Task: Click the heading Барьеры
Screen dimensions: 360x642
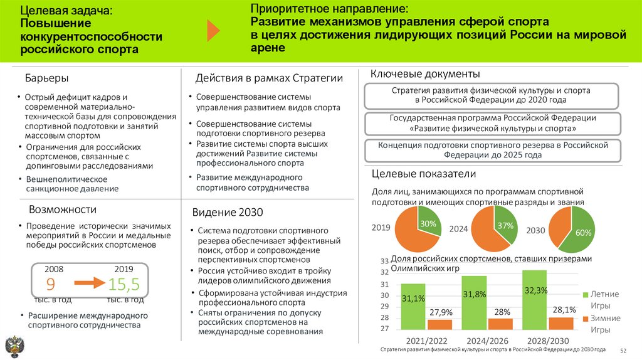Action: (x=46, y=78)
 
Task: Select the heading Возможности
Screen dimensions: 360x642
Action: (x=63, y=209)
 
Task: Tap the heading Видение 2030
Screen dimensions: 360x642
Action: (x=228, y=212)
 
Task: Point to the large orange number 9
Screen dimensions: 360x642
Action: (x=51, y=283)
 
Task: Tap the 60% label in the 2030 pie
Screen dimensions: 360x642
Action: (x=584, y=233)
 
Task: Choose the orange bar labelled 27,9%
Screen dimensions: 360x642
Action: (x=439, y=324)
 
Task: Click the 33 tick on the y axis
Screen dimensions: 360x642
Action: (x=384, y=261)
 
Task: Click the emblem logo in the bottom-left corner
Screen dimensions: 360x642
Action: (x=13, y=346)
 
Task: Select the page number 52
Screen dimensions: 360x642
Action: (x=623, y=350)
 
